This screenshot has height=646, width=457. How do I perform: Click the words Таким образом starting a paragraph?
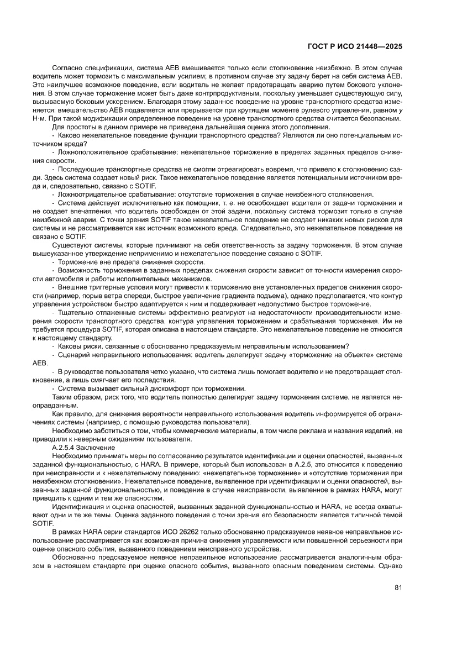tap(75, 397)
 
